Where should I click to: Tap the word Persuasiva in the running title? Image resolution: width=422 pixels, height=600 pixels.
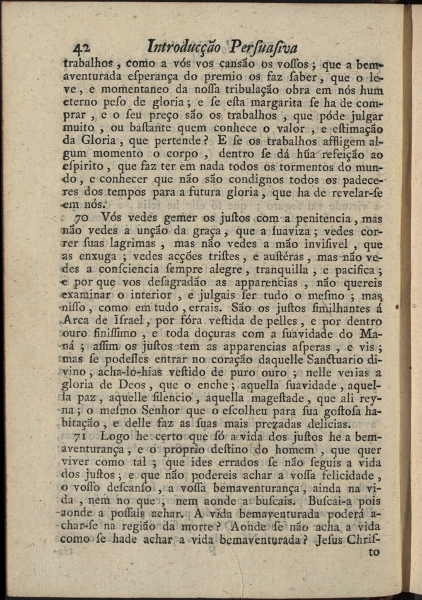click(262, 47)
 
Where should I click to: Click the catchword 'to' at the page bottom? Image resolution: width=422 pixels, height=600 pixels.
click(375, 551)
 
